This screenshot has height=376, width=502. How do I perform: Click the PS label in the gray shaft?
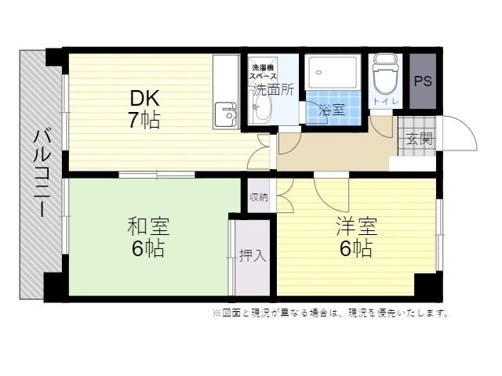click(423, 81)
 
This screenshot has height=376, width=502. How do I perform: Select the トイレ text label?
click(386, 102)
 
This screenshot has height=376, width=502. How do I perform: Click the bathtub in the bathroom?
click(333, 72)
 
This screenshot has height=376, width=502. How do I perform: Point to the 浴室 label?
click(333, 110)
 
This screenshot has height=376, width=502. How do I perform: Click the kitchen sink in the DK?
click(226, 114)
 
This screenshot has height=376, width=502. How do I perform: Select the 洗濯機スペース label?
click(264, 72)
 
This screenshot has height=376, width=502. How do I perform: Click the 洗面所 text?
click(274, 90)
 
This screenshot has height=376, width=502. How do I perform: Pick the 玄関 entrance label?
click(419, 139)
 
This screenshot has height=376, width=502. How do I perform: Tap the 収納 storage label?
click(258, 197)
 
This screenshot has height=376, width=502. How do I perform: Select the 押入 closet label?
click(253, 255)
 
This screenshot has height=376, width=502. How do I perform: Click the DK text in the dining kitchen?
click(144, 99)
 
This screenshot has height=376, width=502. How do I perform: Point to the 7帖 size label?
click(144, 120)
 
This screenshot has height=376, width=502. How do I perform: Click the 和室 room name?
click(148, 226)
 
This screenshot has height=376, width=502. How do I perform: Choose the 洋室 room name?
click(356, 226)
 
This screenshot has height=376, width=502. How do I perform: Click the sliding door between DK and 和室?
click(157, 175)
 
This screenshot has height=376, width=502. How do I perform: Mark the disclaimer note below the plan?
click(330, 313)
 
